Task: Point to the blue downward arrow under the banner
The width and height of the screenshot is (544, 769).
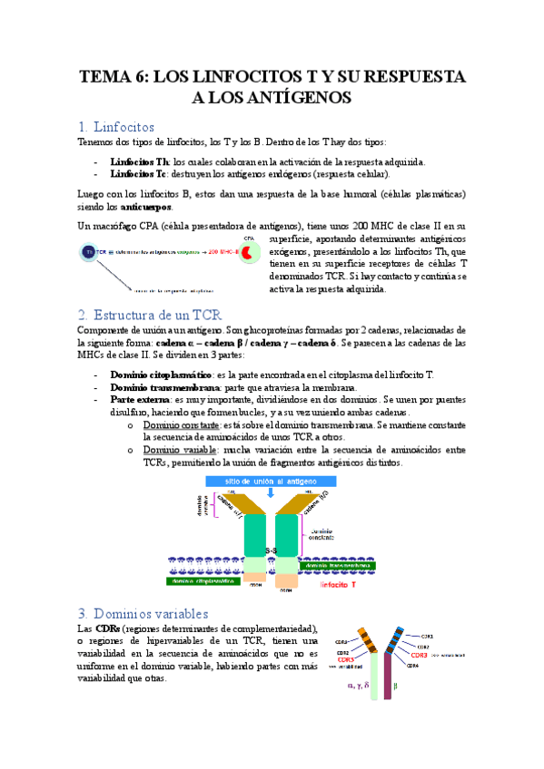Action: [269, 492]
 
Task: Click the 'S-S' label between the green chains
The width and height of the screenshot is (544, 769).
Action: [272, 550]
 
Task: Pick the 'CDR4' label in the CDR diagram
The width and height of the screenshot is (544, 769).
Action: [412, 666]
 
